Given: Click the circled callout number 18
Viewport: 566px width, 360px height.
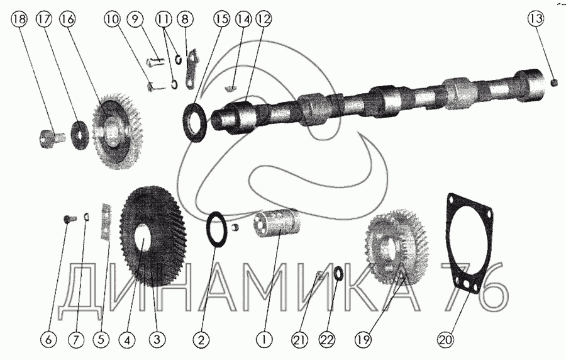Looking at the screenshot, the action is (x=19, y=19).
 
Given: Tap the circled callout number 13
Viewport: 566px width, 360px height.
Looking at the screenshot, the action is (x=536, y=18).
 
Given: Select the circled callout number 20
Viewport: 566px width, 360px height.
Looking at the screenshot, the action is (x=445, y=339).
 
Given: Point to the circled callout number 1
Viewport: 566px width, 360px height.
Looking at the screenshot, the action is (x=264, y=340).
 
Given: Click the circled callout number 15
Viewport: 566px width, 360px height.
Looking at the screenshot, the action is (x=221, y=19).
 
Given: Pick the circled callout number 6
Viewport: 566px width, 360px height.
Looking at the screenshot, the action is (x=48, y=340).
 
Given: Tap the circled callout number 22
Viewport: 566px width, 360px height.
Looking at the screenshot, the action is (x=327, y=340).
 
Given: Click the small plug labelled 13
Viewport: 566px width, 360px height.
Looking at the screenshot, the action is (x=555, y=84).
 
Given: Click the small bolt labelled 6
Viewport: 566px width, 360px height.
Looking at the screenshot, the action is (x=70, y=218).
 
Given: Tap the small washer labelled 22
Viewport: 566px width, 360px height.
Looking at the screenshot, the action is (x=338, y=273).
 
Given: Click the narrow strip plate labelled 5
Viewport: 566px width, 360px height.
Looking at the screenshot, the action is (x=106, y=221).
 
